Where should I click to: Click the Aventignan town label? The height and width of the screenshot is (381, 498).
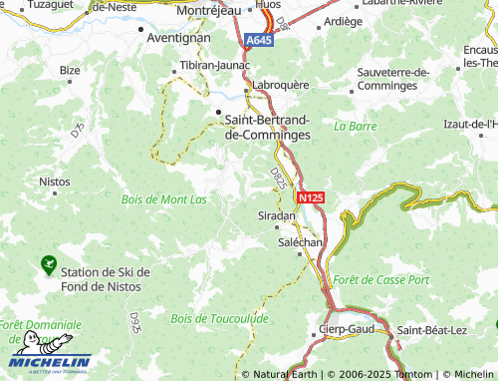point(177,38)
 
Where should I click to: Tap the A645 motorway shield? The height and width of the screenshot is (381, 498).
point(258,40)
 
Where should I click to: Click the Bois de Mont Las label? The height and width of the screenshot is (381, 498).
point(164,198)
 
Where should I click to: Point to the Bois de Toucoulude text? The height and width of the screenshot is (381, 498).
point(219,318)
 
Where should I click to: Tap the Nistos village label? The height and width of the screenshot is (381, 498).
point(54,183)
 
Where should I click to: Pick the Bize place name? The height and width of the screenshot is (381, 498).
point(70,70)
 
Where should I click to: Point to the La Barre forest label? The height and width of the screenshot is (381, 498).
point(356,127)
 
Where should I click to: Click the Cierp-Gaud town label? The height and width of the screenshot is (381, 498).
point(346,329)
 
